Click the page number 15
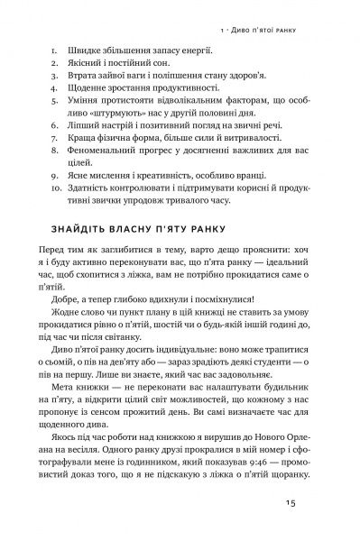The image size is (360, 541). pos(312,503)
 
